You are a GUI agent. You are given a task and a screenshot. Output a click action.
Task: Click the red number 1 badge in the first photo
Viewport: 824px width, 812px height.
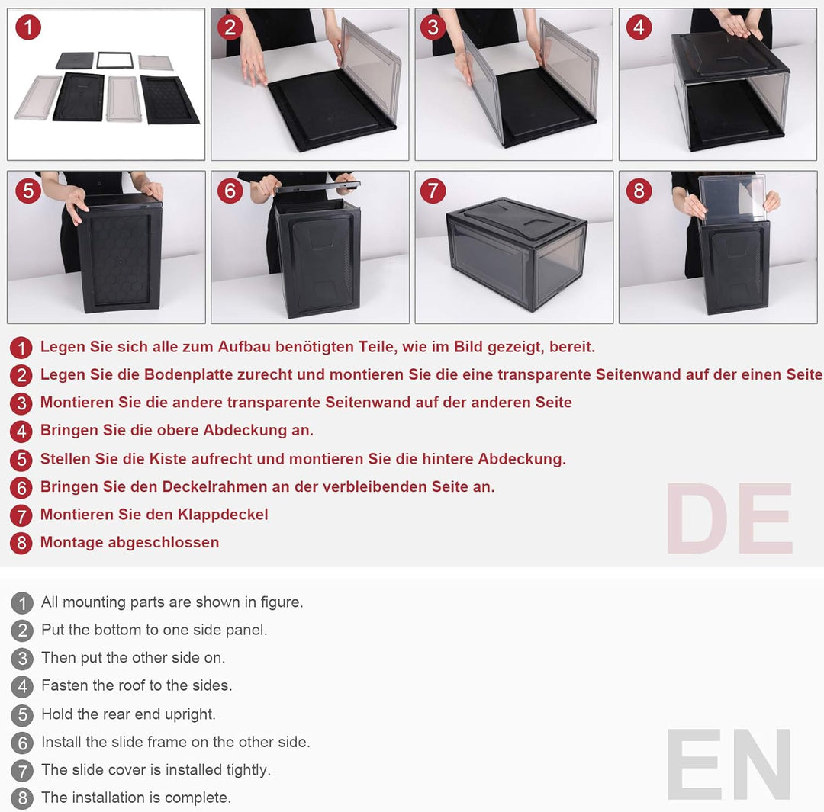(28, 27)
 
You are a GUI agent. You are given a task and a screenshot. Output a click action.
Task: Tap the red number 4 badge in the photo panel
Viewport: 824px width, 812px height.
(639, 27)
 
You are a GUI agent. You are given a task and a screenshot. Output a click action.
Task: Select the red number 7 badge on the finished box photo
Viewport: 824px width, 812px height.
(433, 190)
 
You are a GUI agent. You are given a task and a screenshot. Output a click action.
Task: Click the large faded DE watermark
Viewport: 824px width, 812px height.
(729, 518)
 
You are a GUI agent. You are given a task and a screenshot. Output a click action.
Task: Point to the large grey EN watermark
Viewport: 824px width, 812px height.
(729, 764)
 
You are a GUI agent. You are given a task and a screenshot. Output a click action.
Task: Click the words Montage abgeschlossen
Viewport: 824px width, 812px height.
(130, 542)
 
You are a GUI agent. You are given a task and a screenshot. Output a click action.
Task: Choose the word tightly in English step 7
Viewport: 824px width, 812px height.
(249, 770)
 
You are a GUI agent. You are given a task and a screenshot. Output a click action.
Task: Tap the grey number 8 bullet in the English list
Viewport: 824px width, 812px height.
(22, 798)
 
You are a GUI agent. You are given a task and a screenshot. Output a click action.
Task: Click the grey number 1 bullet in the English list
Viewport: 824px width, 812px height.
(22, 602)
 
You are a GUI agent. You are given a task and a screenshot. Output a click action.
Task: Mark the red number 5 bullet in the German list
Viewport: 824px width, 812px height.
(21, 460)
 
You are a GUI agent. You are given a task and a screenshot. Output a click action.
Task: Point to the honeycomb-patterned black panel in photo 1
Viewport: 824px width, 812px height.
(169, 99)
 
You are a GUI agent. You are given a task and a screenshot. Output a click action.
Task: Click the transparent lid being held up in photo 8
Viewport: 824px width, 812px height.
(732, 198)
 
